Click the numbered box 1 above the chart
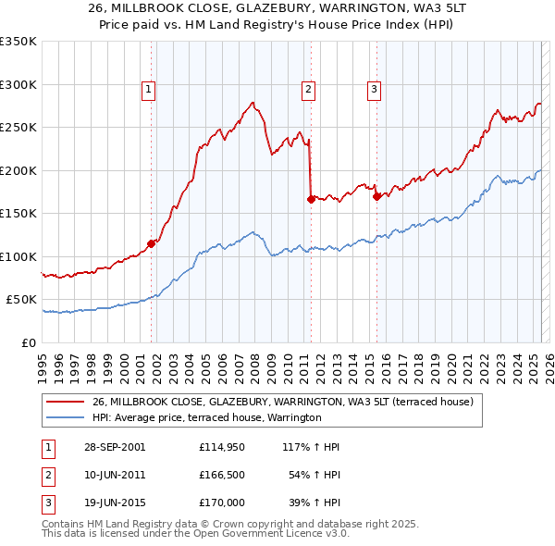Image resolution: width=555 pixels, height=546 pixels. (148, 90)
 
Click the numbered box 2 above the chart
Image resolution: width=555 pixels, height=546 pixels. (308, 90)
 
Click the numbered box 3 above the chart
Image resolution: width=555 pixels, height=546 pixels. (374, 90)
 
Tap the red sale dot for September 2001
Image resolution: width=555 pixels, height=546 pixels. (151, 244)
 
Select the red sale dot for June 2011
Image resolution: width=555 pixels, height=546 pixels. (310, 198)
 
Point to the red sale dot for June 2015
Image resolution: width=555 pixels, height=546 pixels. (376, 196)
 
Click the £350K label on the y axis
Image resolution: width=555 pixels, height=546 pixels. (18, 42)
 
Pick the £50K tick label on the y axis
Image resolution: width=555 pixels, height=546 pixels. (21, 300)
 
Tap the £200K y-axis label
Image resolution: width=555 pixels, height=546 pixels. (18, 170)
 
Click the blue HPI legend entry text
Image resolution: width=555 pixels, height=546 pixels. (205, 418)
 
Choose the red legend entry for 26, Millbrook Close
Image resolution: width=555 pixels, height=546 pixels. (283, 402)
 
